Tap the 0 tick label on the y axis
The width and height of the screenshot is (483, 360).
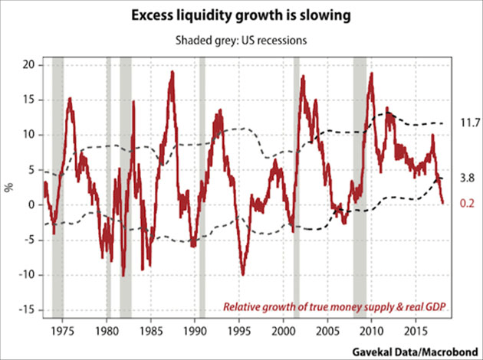click(30, 205)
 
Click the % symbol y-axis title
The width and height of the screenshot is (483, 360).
click(8, 187)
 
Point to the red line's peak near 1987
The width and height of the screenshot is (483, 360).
click(172, 73)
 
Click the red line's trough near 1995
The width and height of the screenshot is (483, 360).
click(243, 273)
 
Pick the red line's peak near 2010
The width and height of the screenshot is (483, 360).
click(371, 74)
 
